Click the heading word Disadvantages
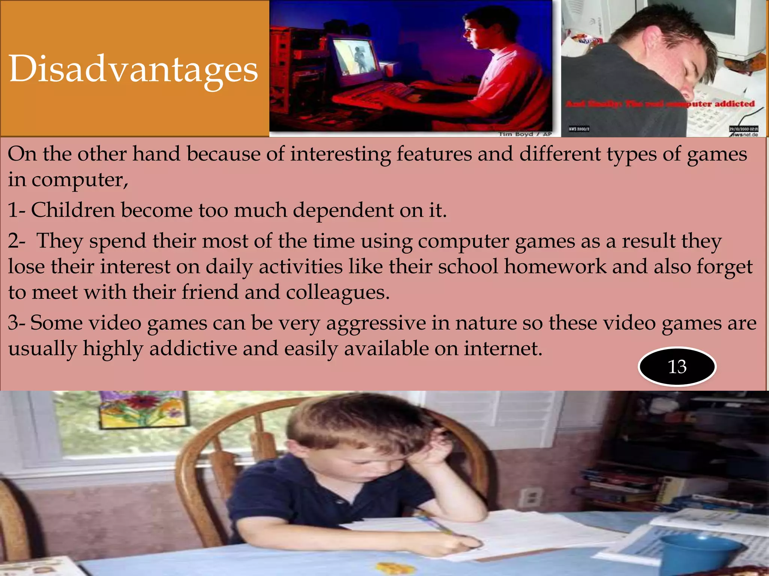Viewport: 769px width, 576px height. pyautogui.click(x=133, y=69)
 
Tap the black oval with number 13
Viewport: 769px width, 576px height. pyautogui.click(x=677, y=366)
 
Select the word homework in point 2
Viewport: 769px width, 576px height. pyautogui.click(x=555, y=267)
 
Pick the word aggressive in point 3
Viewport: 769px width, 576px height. pyautogui.click(x=376, y=323)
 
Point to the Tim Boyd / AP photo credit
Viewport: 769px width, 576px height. pyautogui.click(x=525, y=134)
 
